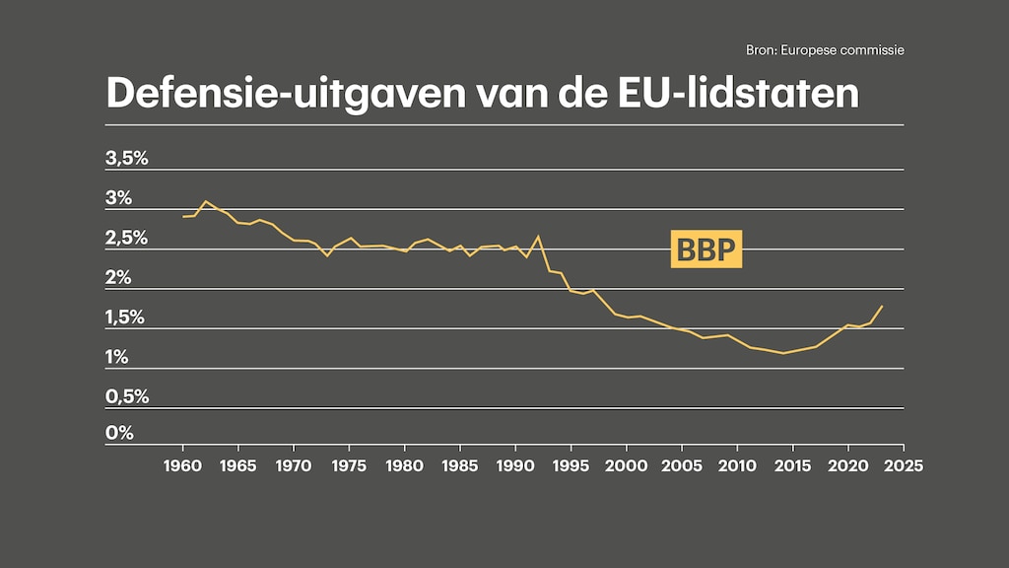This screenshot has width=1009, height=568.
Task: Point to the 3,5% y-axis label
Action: [x=126, y=158]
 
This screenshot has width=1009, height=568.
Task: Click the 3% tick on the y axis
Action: [x=119, y=197]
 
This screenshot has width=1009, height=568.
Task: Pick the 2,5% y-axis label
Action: [x=126, y=238]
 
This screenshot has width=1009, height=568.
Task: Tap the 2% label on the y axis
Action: [x=119, y=277]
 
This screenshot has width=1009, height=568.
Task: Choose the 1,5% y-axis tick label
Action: [x=126, y=317]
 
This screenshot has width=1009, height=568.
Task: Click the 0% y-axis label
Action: [x=119, y=433]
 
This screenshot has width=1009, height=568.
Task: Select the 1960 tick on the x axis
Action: [x=182, y=464]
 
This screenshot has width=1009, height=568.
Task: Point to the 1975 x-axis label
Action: [x=349, y=464]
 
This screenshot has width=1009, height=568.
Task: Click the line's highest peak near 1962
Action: [x=205, y=201]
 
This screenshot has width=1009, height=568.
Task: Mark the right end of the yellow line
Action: [x=882, y=306]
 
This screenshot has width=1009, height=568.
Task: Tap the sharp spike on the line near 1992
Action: [x=538, y=237]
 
